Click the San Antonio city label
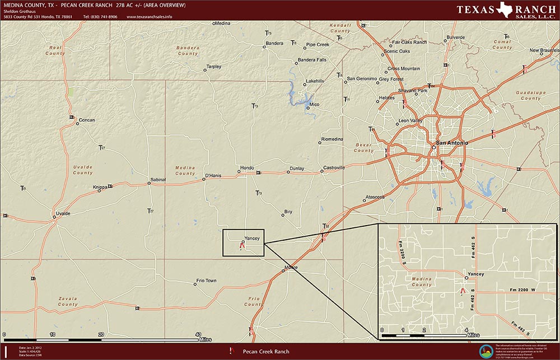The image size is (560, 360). (452, 144)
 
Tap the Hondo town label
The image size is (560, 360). (247, 168)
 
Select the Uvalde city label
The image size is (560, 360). (62, 213)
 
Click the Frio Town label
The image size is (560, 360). (207, 280)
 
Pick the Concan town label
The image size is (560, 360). (87, 120)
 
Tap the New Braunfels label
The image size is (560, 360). (542, 50)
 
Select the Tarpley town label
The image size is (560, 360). (214, 67)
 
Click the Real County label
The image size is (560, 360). (56, 50)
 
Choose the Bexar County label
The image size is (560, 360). (364, 148)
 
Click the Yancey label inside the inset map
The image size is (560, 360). (475, 274)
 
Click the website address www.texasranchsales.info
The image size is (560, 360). (150, 17)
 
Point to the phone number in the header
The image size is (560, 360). (100, 17)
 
